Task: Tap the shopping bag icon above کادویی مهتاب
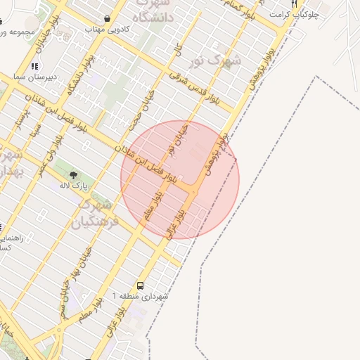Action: [x=106, y=19]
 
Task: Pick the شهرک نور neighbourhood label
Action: [x=217, y=60]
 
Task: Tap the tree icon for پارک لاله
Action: [x=72, y=173]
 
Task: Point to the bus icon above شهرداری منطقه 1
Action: [x=141, y=285]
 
